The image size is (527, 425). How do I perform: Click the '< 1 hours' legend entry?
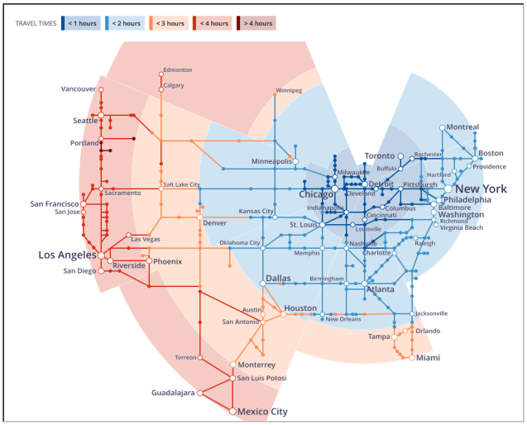point(81,23)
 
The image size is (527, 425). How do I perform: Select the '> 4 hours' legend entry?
point(256,23)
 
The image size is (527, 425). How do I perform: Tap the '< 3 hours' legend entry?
point(169,23)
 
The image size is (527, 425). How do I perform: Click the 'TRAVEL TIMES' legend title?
point(36,23)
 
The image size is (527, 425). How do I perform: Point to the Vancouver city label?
point(78,89)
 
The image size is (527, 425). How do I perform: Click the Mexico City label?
point(262,411)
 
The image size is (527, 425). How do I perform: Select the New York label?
point(481,189)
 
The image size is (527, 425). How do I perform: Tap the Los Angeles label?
point(67,255)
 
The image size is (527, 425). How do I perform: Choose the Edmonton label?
point(178,70)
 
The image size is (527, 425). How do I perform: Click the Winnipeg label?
point(289,90)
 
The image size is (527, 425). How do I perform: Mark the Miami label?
point(428,358)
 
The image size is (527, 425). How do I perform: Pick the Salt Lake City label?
point(181,184)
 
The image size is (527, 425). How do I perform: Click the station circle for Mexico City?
point(232,411)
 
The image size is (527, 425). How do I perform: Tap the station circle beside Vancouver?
point(101,89)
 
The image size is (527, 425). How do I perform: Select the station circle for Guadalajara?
point(199,393)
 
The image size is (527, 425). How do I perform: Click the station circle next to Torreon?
point(199,357)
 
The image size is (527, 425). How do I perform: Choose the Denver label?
point(214,223)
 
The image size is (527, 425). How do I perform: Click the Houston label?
point(300,308)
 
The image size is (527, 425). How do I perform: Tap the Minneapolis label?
point(272,161)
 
